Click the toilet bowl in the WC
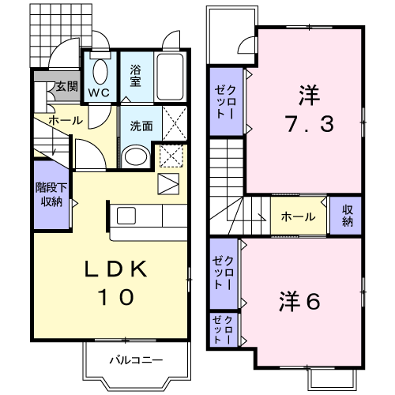(100, 71)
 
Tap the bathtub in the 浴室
(170, 77)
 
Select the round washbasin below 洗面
(136, 156)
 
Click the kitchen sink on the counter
(126, 216)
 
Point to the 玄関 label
(67, 86)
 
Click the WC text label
(99, 92)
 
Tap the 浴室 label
(135, 76)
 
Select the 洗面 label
(141, 126)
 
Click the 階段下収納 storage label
(51, 195)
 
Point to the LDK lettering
(115, 269)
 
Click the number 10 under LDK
(116, 297)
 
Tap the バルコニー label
(136, 359)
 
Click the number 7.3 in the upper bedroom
(310, 124)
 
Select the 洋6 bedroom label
(300, 301)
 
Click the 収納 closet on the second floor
(347, 216)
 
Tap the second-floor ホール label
(298, 217)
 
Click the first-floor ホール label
(66, 120)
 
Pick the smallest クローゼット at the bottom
(223, 330)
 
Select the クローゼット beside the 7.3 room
(225, 102)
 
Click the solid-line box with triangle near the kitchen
(168, 184)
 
